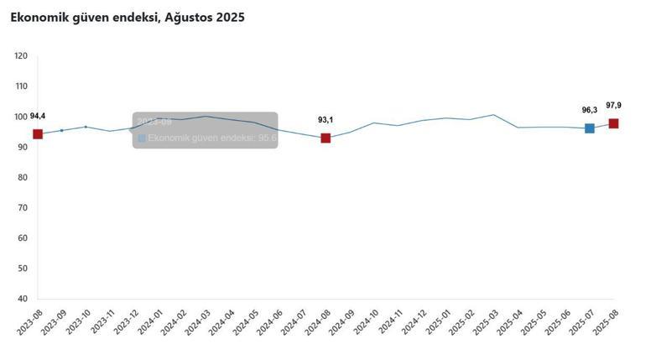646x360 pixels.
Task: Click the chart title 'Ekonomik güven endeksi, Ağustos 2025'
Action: pyautogui.click(x=128, y=17)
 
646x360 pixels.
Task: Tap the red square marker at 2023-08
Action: pyautogui.click(x=38, y=134)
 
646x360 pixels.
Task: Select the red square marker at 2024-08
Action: pyautogui.click(x=326, y=138)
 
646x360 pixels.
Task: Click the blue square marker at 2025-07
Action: pyautogui.click(x=590, y=128)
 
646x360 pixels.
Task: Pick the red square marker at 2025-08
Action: pyautogui.click(x=613, y=123)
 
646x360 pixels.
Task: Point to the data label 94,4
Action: pyautogui.click(x=38, y=116)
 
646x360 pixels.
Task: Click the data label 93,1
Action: pyautogui.click(x=326, y=120)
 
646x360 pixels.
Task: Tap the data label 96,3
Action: pyautogui.click(x=590, y=110)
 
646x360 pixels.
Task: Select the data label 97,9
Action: pyautogui.click(x=613, y=105)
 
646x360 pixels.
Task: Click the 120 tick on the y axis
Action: pyautogui.click(x=21, y=56)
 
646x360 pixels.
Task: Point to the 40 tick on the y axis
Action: pyautogui.click(x=22, y=299)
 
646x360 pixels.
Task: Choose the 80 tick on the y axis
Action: pyautogui.click(x=22, y=178)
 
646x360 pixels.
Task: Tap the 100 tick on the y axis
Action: pyautogui.click(x=21, y=117)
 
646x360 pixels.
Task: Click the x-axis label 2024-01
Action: pyautogui.click(x=150, y=321)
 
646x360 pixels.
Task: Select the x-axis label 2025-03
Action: pyautogui.click(x=486, y=321)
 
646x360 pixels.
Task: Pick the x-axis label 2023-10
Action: pyautogui.click(x=78, y=321)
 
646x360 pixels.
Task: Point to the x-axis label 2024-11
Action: pyautogui.click(x=390, y=321)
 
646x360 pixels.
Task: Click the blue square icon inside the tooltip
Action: pyautogui.click(x=142, y=138)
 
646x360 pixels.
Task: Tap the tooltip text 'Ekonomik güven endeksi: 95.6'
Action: pyautogui.click(x=212, y=138)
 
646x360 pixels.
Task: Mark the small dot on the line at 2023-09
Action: pyautogui.click(x=61, y=130)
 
